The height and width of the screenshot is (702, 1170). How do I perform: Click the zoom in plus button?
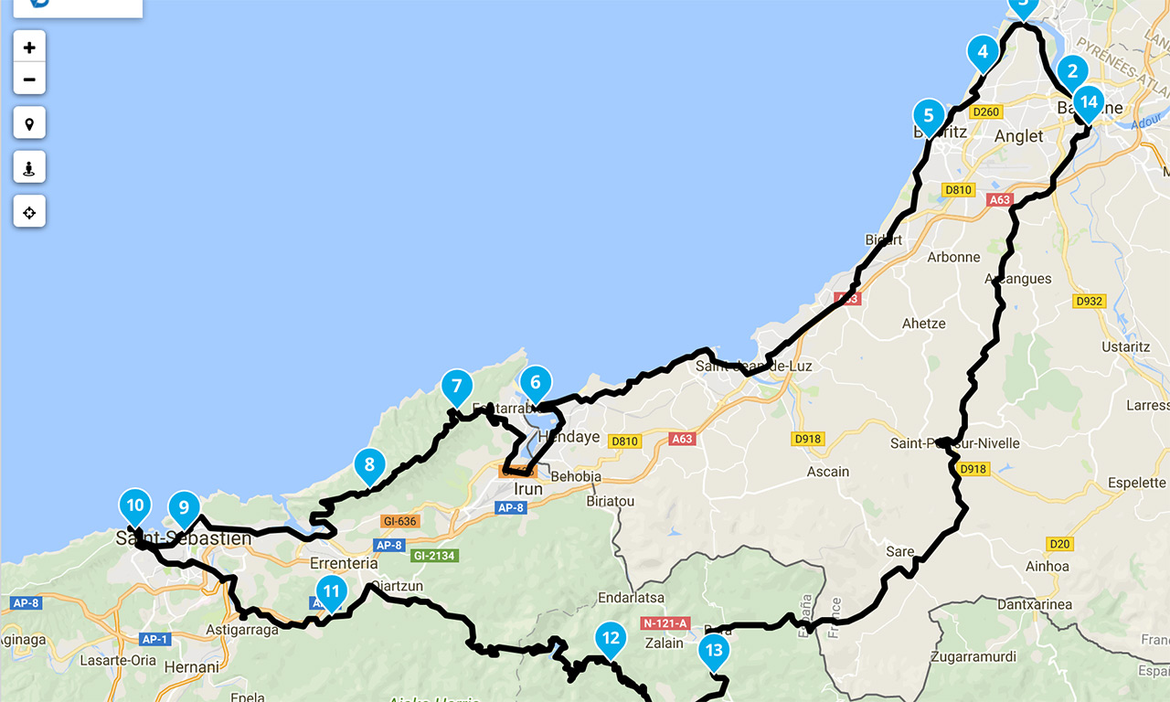tap(29, 48)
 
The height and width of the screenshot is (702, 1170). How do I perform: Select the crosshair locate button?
tap(29, 212)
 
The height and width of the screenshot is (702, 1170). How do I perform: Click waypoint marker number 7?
tap(456, 385)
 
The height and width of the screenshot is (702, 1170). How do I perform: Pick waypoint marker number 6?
tap(536, 382)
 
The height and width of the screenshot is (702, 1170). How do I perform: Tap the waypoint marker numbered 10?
tap(135, 504)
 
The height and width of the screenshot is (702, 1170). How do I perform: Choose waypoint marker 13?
tap(714, 651)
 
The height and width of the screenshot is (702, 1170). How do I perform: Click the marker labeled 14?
tap(1088, 101)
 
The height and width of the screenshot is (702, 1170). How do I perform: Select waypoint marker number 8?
tap(369, 464)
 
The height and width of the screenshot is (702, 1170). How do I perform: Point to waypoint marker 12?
tap(610, 638)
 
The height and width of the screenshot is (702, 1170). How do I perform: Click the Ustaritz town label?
tap(1125, 347)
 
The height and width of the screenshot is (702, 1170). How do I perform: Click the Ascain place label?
tap(827, 472)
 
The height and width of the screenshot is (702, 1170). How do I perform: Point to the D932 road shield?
tap(1090, 301)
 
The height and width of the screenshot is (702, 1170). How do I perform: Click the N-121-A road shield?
tap(665, 623)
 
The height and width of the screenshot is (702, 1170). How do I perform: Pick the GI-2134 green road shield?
tap(435, 556)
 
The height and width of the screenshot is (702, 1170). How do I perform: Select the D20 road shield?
tap(1059, 544)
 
